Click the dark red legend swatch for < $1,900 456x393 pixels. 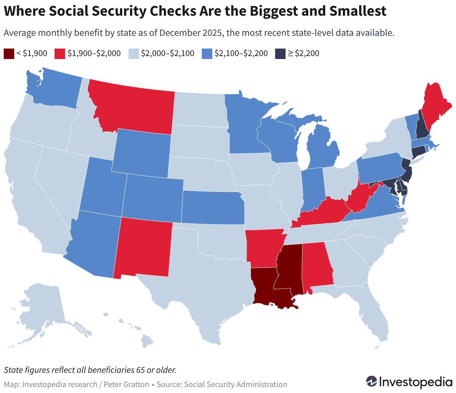(9, 53)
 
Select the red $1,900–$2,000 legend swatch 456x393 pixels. (60, 53)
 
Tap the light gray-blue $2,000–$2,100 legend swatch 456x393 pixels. (134, 53)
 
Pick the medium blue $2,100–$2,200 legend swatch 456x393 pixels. (207, 53)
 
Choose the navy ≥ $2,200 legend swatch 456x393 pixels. (280, 53)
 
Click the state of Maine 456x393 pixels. (434, 106)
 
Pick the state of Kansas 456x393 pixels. (213, 207)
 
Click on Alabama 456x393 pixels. (317, 267)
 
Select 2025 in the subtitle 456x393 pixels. (212, 33)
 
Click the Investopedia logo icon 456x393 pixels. (372, 381)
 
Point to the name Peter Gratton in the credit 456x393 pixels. (126, 384)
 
